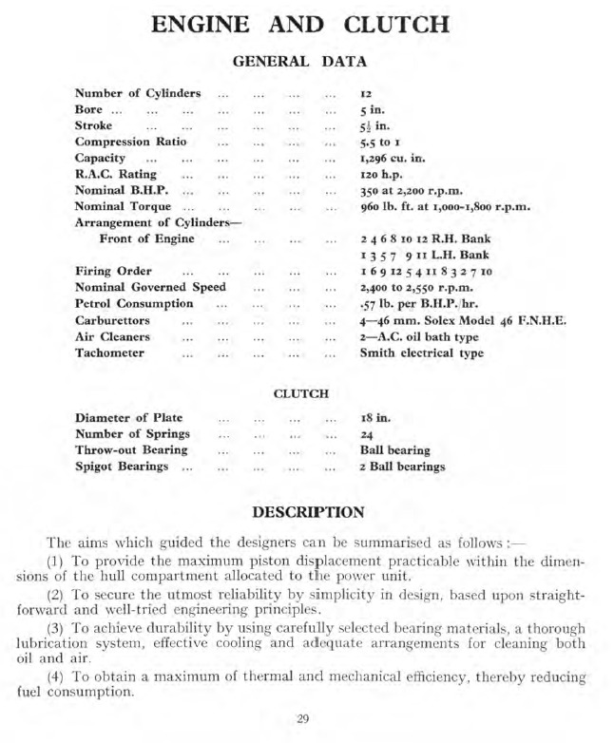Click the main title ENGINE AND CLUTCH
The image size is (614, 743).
click(x=306, y=25)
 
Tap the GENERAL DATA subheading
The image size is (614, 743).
click(x=306, y=63)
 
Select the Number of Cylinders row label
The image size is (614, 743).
click(x=138, y=93)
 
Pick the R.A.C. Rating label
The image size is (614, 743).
click(x=116, y=174)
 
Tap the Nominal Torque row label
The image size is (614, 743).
click(x=123, y=206)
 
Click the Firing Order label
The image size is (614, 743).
click(x=113, y=271)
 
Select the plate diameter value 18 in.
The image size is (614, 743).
click(x=374, y=418)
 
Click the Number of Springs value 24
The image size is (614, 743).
click(x=367, y=434)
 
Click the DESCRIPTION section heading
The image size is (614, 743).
click(x=307, y=512)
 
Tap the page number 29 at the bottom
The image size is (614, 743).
click(x=302, y=717)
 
